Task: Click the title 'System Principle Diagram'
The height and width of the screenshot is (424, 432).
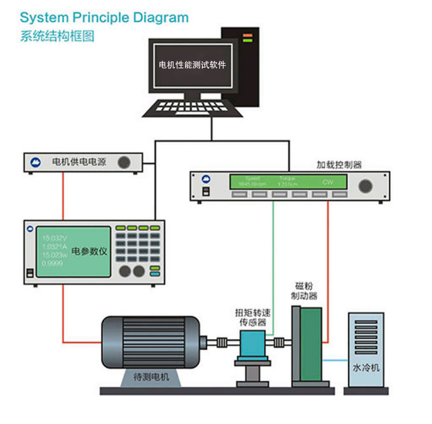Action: pyautogui.click(x=104, y=17)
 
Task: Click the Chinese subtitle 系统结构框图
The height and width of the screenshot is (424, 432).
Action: pyautogui.click(x=57, y=36)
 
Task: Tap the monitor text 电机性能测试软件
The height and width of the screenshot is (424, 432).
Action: pyautogui.click(x=192, y=65)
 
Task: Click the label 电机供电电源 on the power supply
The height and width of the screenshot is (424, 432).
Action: pyautogui.click(x=79, y=162)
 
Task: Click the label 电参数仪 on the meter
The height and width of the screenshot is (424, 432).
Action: pyautogui.click(x=90, y=251)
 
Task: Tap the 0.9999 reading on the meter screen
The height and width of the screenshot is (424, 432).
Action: pyautogui.click(x=52, y=263)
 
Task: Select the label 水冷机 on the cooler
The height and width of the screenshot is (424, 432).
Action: pyautogui.click(x=365, y=368)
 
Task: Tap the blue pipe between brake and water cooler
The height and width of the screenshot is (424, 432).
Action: pyautogui.click(x=335, y=361)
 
